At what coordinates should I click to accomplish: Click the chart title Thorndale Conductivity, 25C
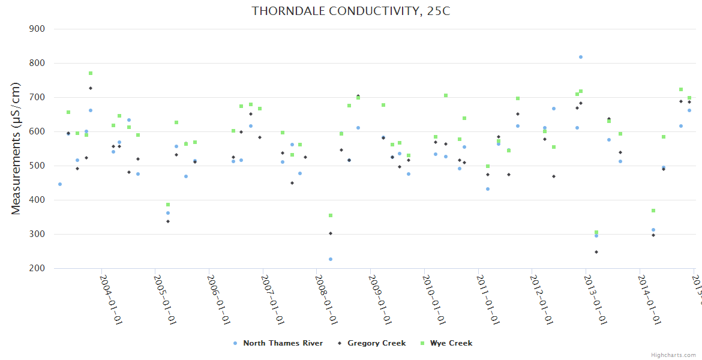[x=350, y=11]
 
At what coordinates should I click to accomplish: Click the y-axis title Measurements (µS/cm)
[x=16, y=148]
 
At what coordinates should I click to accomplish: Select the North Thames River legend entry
[x=283, y=343]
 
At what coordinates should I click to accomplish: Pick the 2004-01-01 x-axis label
[x=111, y=300]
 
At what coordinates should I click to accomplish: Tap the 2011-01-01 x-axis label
[x=488, y=300]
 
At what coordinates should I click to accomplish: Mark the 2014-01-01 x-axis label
[x=649, y=300]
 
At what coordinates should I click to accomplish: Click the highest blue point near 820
[x=581, y=57]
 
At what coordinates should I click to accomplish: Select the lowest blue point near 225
[x=330, y=259]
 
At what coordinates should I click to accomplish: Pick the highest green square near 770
[x=91, y=73]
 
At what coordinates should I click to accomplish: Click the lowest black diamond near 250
[x=596, y=252]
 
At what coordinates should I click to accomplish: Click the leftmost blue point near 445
[x=59, y=184]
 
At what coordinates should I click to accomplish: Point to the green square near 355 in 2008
[x=331, y=215]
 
